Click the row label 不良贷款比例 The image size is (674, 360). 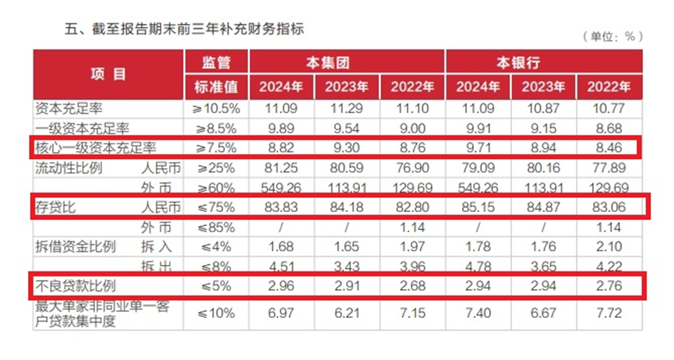click(76, 285)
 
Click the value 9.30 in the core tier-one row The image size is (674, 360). click(348, 146)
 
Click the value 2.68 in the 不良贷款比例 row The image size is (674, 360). click(412, 285)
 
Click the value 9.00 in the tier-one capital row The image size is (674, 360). click(412, 127)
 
